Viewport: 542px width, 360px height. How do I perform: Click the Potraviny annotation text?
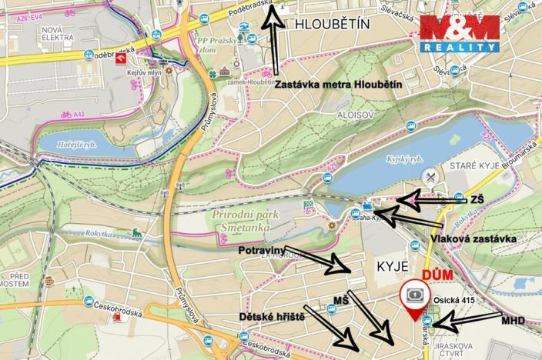[x=259, y=250]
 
